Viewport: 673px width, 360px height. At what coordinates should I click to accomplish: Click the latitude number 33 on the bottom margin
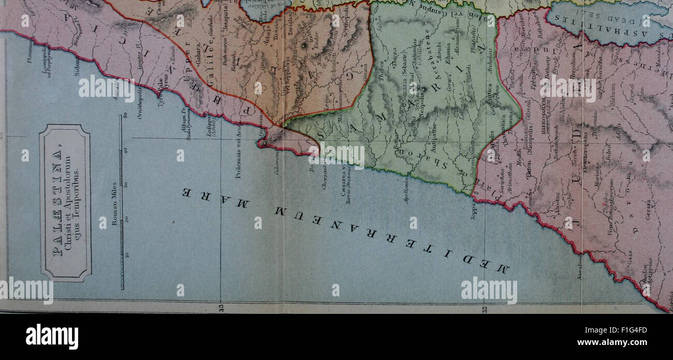(221, 309)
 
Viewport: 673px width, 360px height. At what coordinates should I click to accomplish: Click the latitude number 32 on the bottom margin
(485, 309)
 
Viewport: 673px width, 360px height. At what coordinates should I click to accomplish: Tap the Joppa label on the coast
(474, 210)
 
